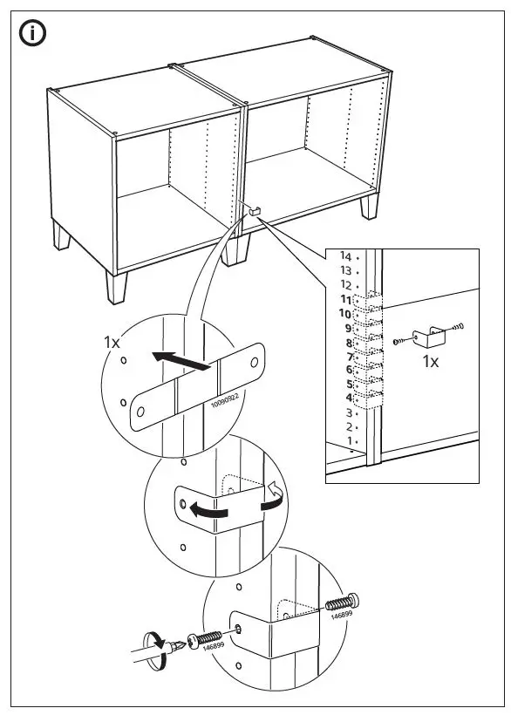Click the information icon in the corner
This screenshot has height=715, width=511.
(34, 34)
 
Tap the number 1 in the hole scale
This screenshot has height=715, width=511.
(349, 441)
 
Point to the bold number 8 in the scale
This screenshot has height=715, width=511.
(348, 343)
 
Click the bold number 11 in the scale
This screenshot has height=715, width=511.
(345, 299)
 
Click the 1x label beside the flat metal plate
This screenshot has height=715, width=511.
(112, 343)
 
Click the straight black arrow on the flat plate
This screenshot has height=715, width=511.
(181, 360)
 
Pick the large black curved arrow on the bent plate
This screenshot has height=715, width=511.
(216, 511)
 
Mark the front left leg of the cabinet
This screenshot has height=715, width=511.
(114, 284)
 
